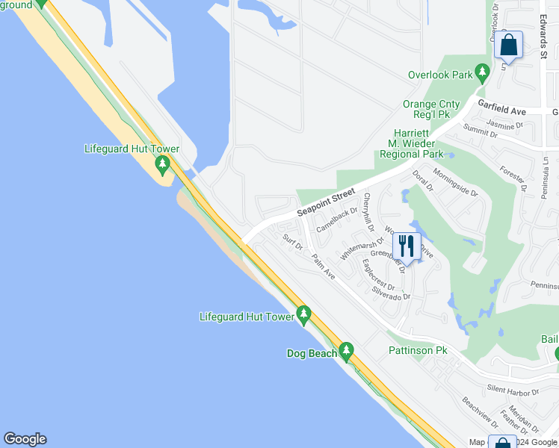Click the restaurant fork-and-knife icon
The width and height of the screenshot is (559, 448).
click(x=406, y=246)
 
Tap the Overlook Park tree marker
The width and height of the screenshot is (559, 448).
click(x=482, y=74)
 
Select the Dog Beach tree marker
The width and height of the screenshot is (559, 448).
click(x=345, y=349)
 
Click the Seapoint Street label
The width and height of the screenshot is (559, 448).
click(x=325, y=202)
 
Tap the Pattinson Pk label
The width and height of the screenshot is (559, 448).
click(x=417, y=350)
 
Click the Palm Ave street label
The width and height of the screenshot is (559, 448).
click(x=324, y=267)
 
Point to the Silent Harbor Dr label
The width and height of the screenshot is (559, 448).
click(x=513, y=391)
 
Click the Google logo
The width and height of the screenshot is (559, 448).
click(x=25, y=439)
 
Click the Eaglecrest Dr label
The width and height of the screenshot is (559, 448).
click(x=377, y=274)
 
